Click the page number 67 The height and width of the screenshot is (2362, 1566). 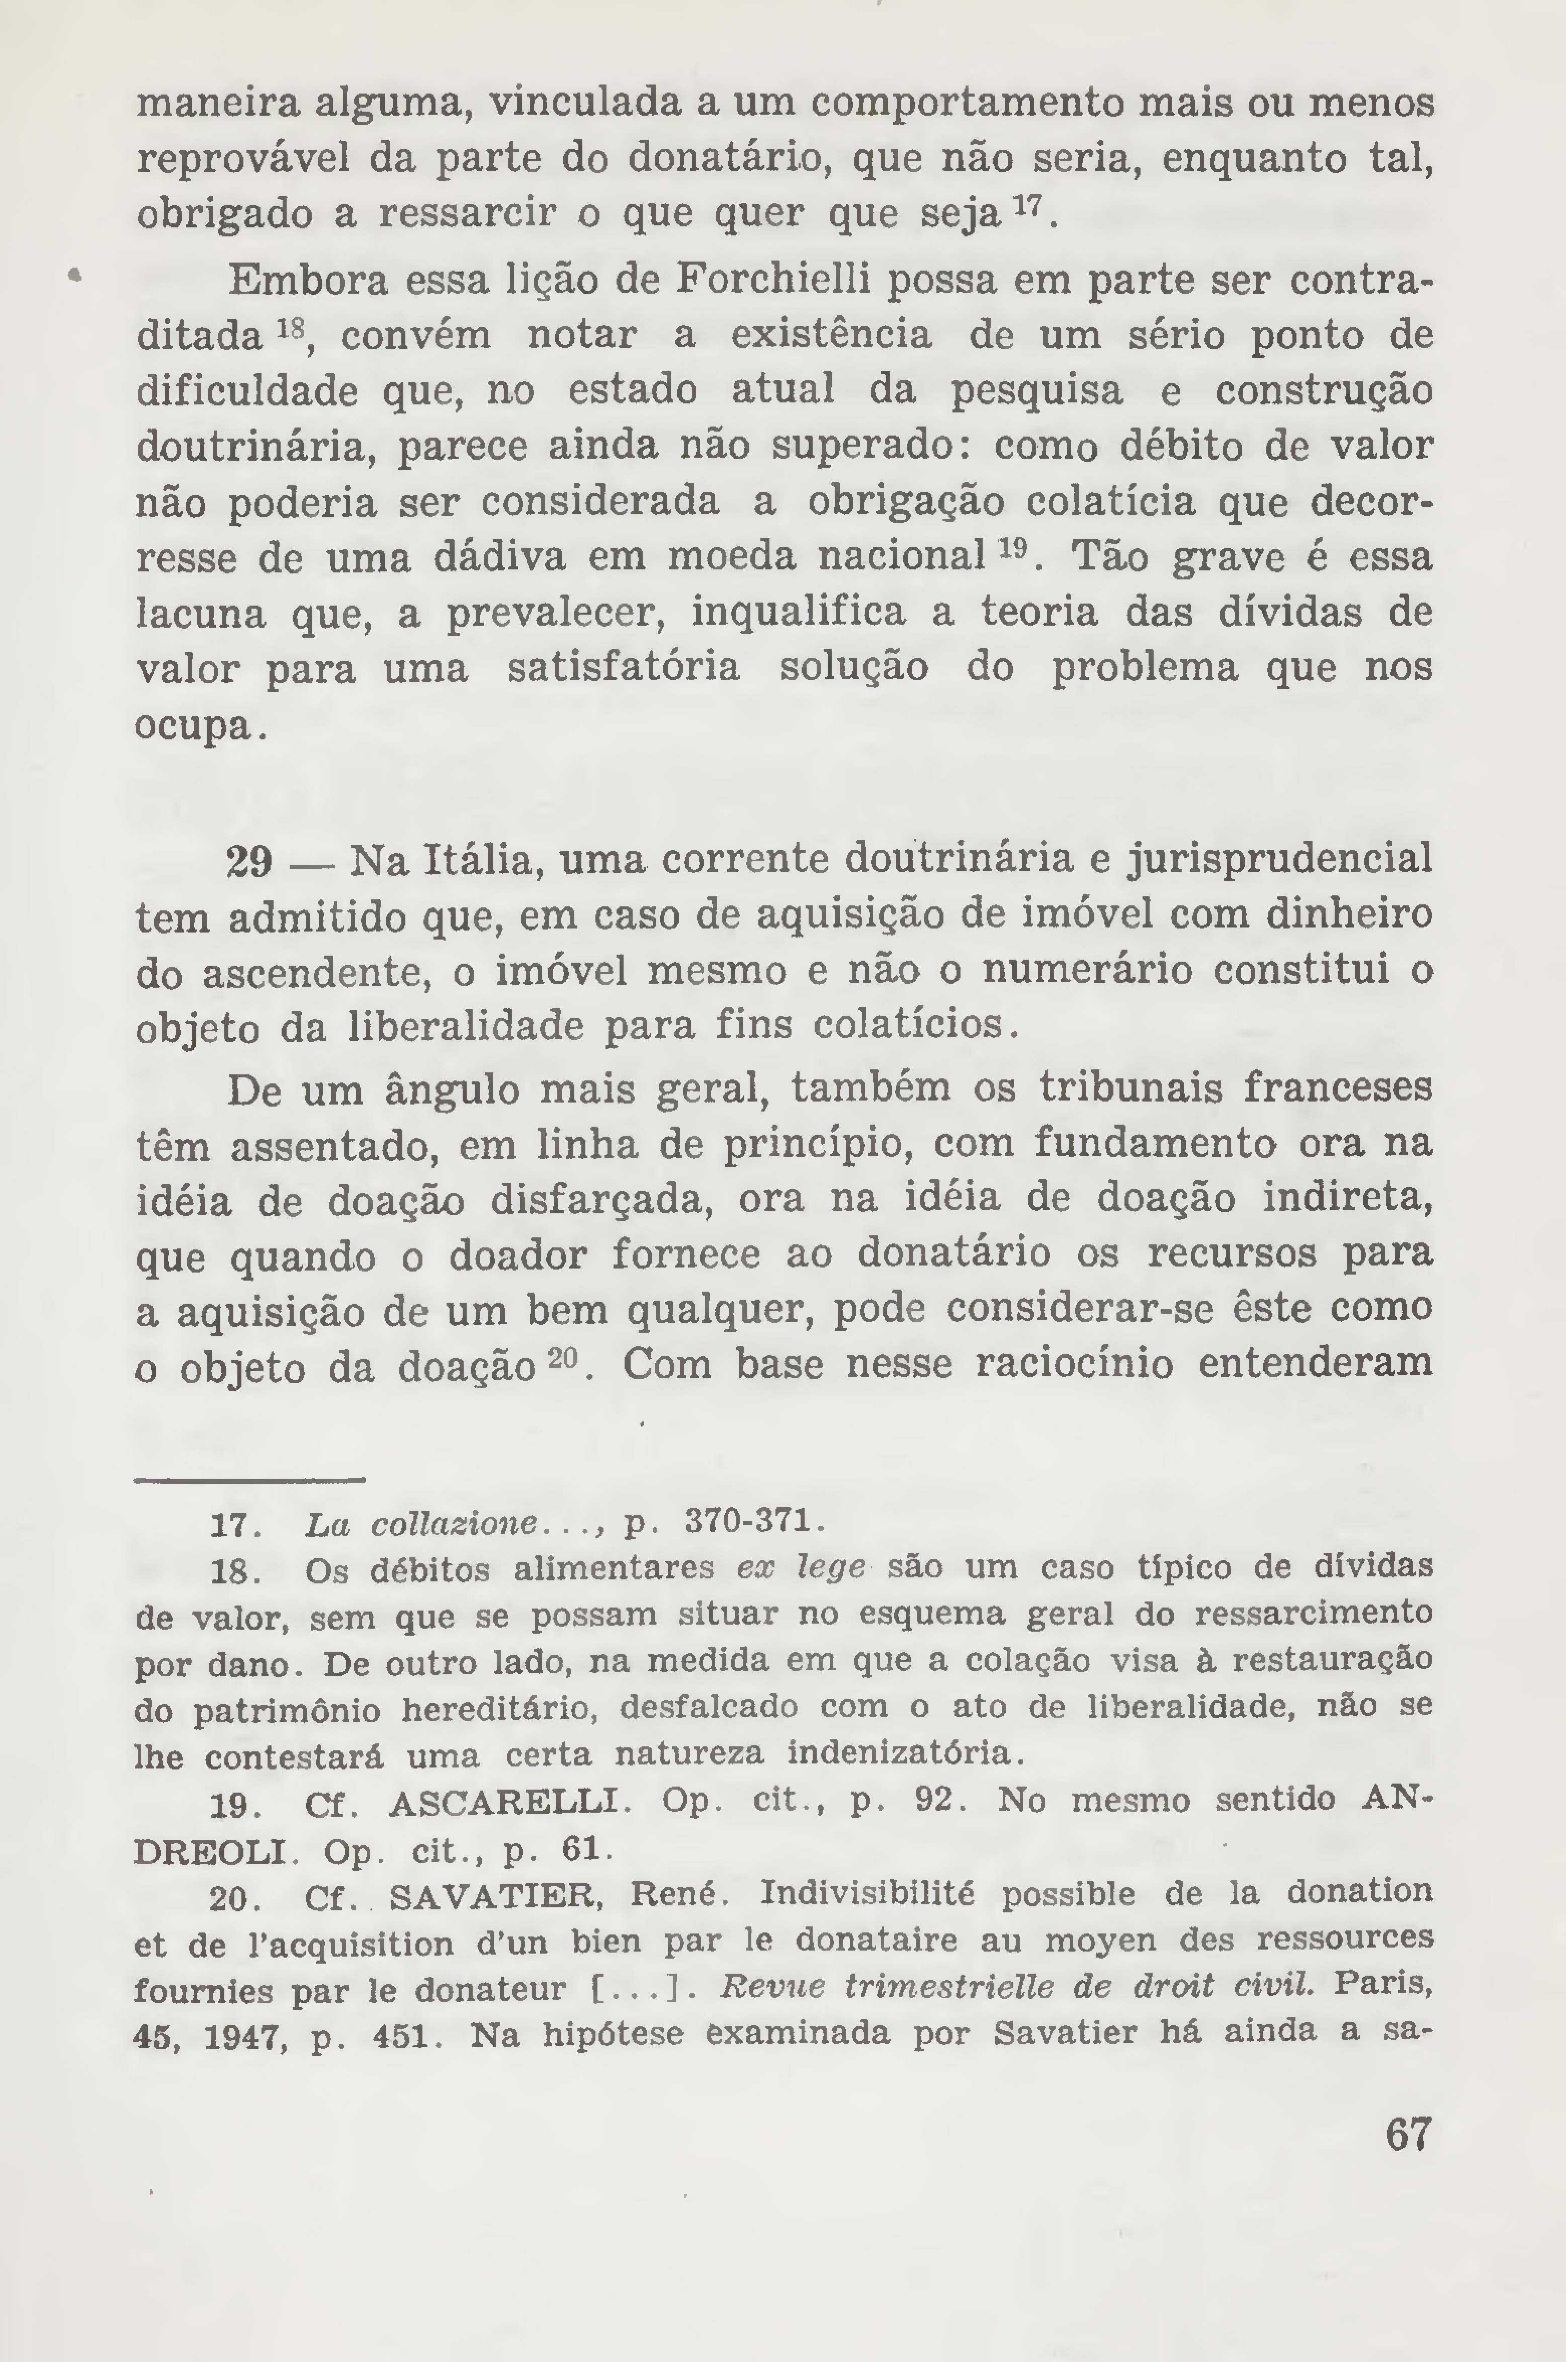pyautogui.click(x=1408, y=2162)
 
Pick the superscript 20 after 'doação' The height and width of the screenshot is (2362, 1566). pyautogui.click(x=563, y=1355)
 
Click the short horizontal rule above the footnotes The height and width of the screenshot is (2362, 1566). pyautogui.click(x=249, y=1479)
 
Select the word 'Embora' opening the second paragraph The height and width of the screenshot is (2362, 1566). pyautogui.click(x=308, y=281)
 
